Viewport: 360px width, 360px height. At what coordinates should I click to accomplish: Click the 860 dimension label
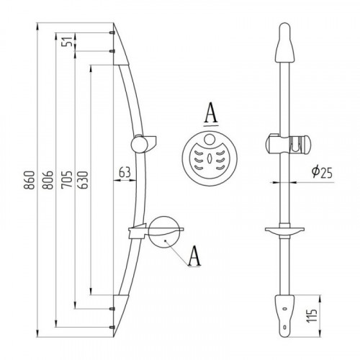click(x=29, y=180)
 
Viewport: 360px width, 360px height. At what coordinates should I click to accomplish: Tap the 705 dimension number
click(x=66, y=179)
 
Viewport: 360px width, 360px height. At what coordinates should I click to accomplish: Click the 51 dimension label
click(x=67, y=42)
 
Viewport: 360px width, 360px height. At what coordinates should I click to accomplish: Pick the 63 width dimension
click(x=125, y=172)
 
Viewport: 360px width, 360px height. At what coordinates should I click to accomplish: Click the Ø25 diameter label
click(x=322, y=171)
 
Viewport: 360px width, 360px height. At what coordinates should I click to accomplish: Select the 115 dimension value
click(x=312, y=315)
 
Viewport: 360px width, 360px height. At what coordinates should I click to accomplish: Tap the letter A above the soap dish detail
click(x=211, y=114)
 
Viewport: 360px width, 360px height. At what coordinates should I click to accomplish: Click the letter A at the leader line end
click(x=194, y=256)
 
